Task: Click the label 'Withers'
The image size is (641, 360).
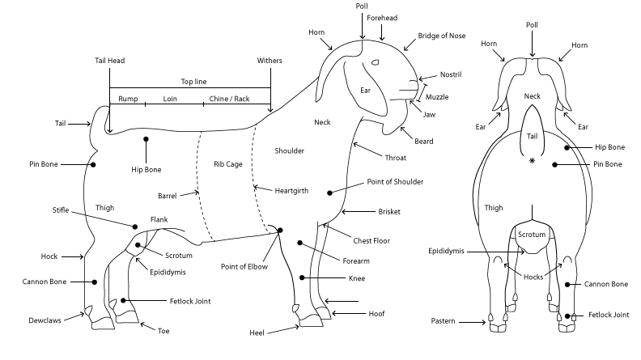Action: [270, 61]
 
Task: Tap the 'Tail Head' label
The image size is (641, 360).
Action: [109, 61]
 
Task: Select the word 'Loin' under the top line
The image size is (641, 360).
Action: [170, 99]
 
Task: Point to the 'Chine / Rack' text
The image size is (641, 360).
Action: [230, 99]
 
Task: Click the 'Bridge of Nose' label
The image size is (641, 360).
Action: [441, 36]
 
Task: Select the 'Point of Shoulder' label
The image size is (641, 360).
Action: [395, 181]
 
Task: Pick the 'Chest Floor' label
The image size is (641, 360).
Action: [372, 240]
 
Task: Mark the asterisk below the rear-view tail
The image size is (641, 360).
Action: [532, 162]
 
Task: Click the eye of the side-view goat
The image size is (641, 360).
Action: [375, 63]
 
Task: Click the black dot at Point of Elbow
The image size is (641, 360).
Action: [279, 231]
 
